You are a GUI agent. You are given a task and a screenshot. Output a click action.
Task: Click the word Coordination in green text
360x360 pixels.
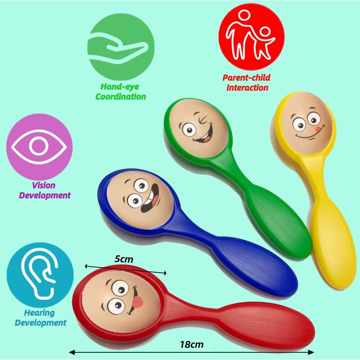coord(123,96)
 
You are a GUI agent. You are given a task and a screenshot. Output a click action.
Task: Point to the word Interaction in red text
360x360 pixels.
coord(247,87)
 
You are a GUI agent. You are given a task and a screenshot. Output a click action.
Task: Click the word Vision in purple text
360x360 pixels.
coord(44,185)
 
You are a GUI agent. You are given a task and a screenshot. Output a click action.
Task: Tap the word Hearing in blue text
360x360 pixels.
coord(40,313)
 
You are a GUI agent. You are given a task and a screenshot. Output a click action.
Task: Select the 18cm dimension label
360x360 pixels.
coord(191,345)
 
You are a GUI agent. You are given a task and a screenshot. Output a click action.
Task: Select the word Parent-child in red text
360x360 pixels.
coord(246,77)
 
